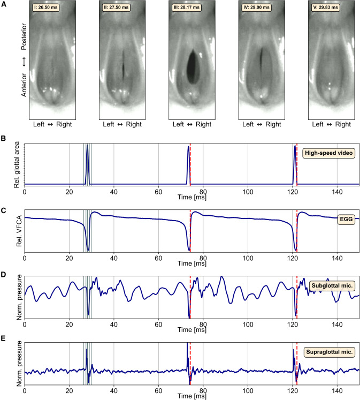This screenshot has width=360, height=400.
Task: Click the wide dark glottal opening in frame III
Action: pyautogui.click(x=191, y=65)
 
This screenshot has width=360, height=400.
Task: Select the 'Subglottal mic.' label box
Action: pyautogui.click(x=331, y=285)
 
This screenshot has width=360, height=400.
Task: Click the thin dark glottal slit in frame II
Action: pyautogui.click(x=122, y=63)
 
